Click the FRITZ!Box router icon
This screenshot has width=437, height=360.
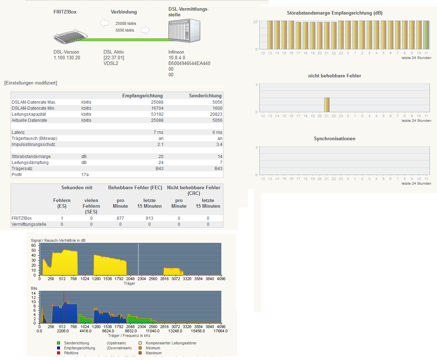71,37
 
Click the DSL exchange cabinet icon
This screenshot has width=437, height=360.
184,31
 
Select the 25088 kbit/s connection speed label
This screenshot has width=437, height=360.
126,23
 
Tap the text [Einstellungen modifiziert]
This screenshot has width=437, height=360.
31,83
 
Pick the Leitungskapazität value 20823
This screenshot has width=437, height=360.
216,114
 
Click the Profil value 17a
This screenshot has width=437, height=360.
85,175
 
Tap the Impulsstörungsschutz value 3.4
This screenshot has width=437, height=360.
219,144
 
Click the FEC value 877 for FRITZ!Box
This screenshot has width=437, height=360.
120,218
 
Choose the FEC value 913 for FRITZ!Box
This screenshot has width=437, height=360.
149,218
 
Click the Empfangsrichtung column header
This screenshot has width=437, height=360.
142,96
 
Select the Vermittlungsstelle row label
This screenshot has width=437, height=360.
29,224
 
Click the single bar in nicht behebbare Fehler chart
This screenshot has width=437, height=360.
327,105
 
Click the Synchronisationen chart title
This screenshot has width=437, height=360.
334,139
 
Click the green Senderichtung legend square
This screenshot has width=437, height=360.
59,343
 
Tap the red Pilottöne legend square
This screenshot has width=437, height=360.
59,353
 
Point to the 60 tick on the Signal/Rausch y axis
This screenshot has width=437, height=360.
33,245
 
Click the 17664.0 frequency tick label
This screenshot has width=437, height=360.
220,331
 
